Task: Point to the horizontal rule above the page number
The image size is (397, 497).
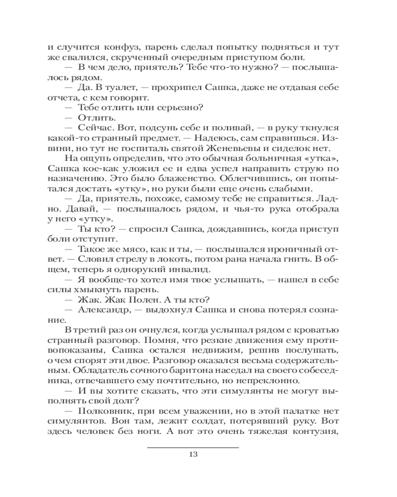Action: (194, 447)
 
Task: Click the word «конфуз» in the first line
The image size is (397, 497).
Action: (117, 49)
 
